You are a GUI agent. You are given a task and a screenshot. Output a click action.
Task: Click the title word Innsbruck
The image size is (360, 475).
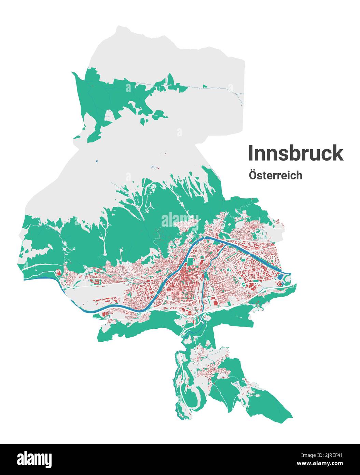click(x=295, y=153)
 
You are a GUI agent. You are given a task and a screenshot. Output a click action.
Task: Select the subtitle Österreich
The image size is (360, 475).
click(x=276, y=175)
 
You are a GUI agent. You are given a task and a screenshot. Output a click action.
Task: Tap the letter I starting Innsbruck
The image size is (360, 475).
click(x=250, y=153)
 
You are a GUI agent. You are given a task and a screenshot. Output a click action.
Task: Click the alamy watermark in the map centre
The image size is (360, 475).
click(x=180, y=219)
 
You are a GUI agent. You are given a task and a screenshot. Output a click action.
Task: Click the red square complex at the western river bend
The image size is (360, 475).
click(x=58, y=272)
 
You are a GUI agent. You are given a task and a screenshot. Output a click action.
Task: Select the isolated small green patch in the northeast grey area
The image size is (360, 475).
click(x=205, y=86)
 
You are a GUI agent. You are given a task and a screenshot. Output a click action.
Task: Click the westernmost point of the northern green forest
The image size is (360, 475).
click(x=72, y=72)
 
